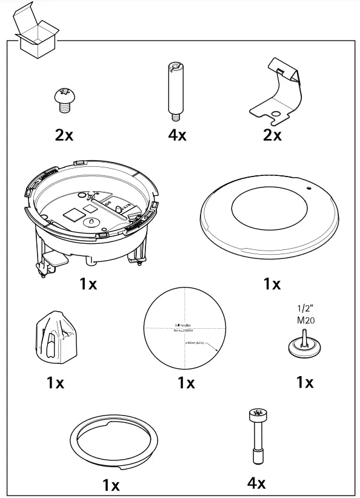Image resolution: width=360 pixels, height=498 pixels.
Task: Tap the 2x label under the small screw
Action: (x=64, y=135)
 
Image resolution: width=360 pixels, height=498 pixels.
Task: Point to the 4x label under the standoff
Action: (x=178, y=135)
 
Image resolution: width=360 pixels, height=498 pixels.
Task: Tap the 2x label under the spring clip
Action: (x=272, y=135)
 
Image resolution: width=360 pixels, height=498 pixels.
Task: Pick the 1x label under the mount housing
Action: (x=88, y=283)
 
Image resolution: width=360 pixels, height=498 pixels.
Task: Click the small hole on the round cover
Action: (x=308, y=189)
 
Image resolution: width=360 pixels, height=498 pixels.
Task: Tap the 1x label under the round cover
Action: (x=272, y=283)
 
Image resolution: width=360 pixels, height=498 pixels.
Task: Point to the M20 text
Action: (x=305, y=321)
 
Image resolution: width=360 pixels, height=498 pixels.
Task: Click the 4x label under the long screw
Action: (x=256, y=483)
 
